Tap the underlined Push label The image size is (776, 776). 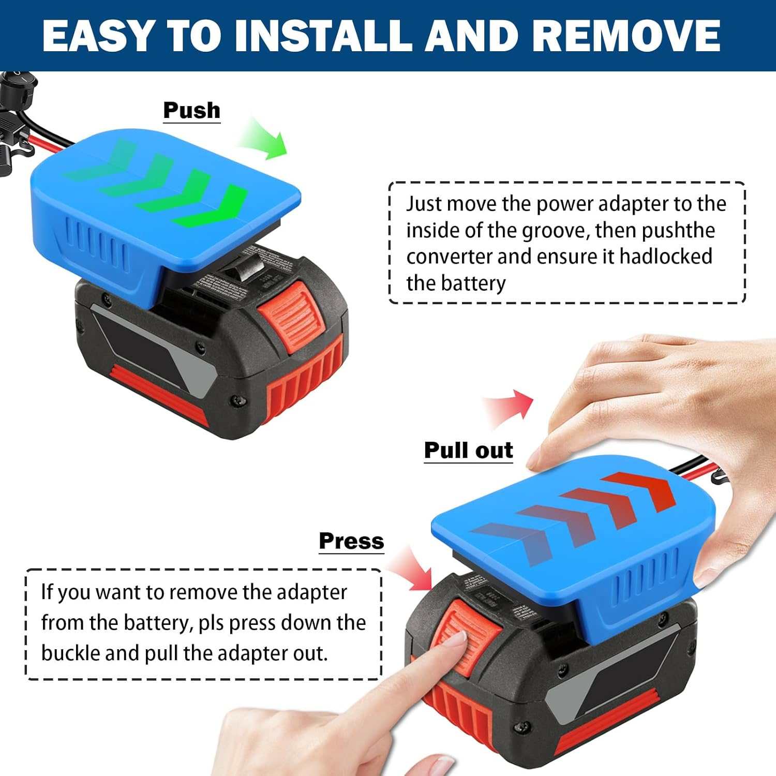tap(191, 110)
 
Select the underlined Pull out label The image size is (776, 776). tap(468, 450)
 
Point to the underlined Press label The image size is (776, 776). tap(351, 541)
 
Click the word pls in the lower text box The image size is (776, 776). tap(211, 623)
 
